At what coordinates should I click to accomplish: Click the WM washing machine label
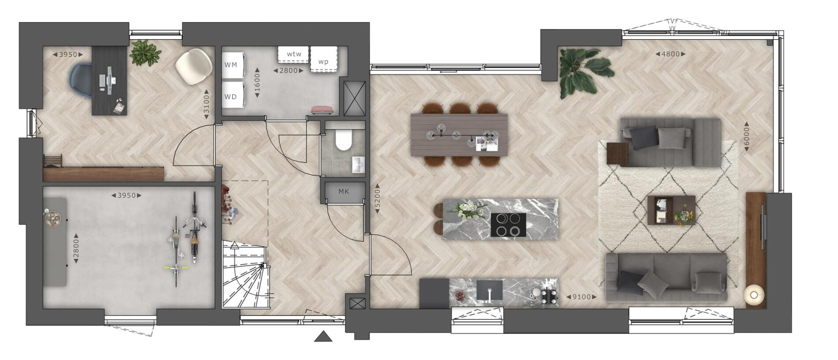tap(231, 65)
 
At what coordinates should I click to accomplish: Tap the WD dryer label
tap(231, 97)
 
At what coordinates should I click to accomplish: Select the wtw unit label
tap(294, 54)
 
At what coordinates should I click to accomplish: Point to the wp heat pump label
tap(323, 62)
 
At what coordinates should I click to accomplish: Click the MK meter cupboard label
tap(344, 191)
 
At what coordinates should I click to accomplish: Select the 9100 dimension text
tap(581, 297)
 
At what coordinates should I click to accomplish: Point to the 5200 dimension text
tap(377, 199)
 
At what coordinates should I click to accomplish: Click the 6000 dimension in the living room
tap(746, 137)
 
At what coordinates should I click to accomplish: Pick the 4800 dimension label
tap(671, 54)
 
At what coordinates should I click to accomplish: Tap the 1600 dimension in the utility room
tap(257, 82)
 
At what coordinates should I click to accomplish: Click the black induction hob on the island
tap(508, 225)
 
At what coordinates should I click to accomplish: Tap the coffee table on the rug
tap(671, 210)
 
